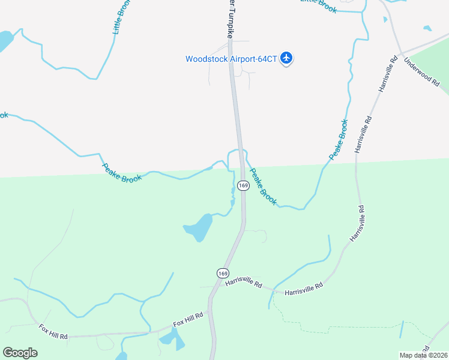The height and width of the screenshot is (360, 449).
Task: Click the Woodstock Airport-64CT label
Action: pos(231,59)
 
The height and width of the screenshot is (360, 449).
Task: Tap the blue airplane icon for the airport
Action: pos(286,58)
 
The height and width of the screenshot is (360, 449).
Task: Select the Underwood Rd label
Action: pos(421,71)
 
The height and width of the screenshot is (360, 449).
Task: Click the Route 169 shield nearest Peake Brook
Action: pos(243,185)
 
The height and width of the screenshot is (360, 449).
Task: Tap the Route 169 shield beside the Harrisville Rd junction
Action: pos(223,273)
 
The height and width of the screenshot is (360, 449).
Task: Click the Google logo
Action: pos(20,353)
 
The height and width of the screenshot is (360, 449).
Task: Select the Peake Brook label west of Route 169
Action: pos(121,173)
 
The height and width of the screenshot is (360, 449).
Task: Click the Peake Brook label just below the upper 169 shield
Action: pos(263,187)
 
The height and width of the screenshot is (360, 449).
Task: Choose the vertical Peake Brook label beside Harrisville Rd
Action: pos(339,139)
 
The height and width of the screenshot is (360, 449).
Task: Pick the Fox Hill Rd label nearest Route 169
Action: pos(188,319)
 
